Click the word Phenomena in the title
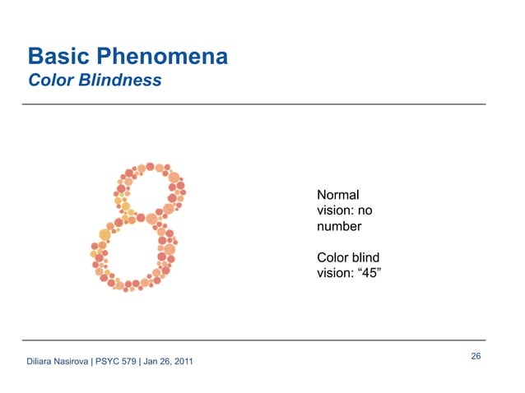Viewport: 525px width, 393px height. coord(163,57)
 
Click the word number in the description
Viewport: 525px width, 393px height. coord(339,225)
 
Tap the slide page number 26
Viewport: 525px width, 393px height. coord(476,356)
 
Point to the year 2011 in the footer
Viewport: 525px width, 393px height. coord(184,362)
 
